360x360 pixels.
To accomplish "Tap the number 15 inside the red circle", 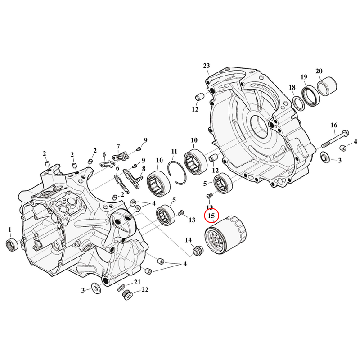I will click(x=211, y=216).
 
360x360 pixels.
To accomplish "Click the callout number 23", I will click(x=207, y=66).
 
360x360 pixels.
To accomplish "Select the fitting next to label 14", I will click(x=197, y=250).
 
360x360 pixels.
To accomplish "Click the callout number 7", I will click(x=118, y=146).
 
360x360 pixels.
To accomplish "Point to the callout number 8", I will click(x=144, y=169).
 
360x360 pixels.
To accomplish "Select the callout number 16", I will click(x=333, y=125).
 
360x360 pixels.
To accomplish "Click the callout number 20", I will click(x=319, y=71).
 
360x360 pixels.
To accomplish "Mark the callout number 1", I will click(x=10, y=230).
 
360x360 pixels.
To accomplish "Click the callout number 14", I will click(x=188, y=240).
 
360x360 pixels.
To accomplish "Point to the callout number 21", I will click(x=137, y=282).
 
